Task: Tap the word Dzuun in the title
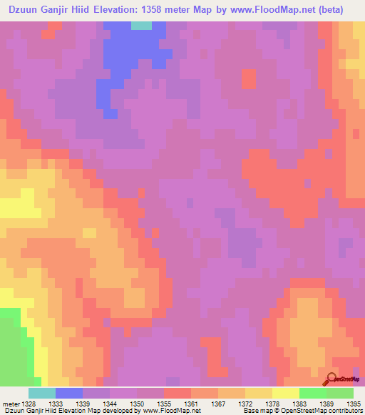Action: coord(21,10)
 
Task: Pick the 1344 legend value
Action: coord(110,403)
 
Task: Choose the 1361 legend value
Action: coord(191,403)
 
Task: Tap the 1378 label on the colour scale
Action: coord(272,403)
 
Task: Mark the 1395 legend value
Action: coord(353,403)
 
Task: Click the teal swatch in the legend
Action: coord(42,393)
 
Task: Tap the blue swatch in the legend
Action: coord(69,393)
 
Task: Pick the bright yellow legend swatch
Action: coord(285,393)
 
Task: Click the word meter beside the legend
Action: coord(11,403)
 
